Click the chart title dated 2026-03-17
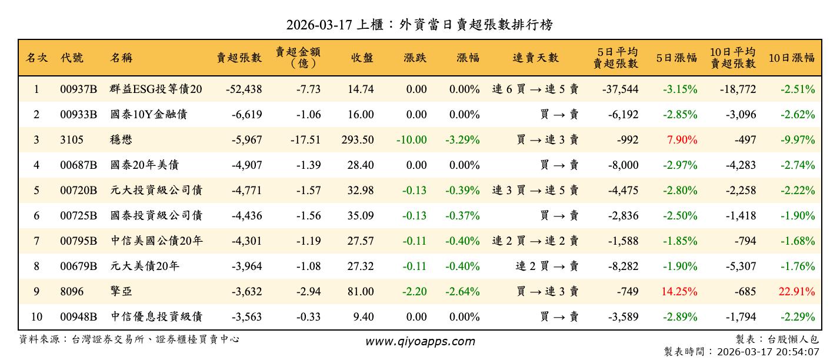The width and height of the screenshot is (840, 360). [x=419, y=25]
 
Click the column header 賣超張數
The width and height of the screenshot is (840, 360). [x=239, y=58]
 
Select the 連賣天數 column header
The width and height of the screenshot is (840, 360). [x=535, y=58]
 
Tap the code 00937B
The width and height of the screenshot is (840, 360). [x=78, y=89]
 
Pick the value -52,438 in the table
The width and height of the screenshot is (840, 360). [x=244, y=89]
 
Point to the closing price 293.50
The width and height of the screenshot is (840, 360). [x=357, y=140]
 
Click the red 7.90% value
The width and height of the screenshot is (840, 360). [x=681, y=140]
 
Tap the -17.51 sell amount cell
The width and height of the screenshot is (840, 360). [x=305, y=140]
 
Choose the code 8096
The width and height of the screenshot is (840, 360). [x=72, y=292]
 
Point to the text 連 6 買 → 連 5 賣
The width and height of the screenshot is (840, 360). [x=535, y=89]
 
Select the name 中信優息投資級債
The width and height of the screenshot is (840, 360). [x=156, y=317]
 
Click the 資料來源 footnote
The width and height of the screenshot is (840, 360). [x=129, y=339]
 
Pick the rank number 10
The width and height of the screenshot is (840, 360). [x=36, y=317]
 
